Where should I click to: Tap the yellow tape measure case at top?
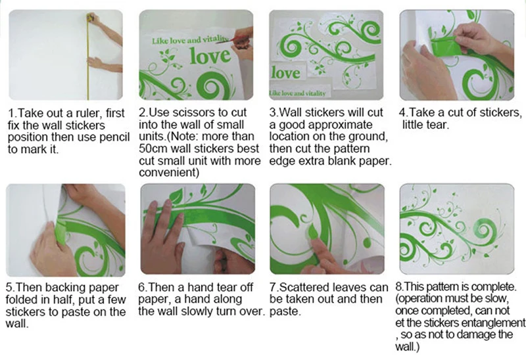(x=91, y=16)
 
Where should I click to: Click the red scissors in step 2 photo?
(x=226, y=39)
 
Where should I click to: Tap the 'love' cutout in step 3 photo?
(x=286, y=73)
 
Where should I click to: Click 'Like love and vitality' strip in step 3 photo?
(x=298, y=93)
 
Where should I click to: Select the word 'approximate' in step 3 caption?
(x=340, y=125)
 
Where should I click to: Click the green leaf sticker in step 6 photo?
(x=176, y=195)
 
